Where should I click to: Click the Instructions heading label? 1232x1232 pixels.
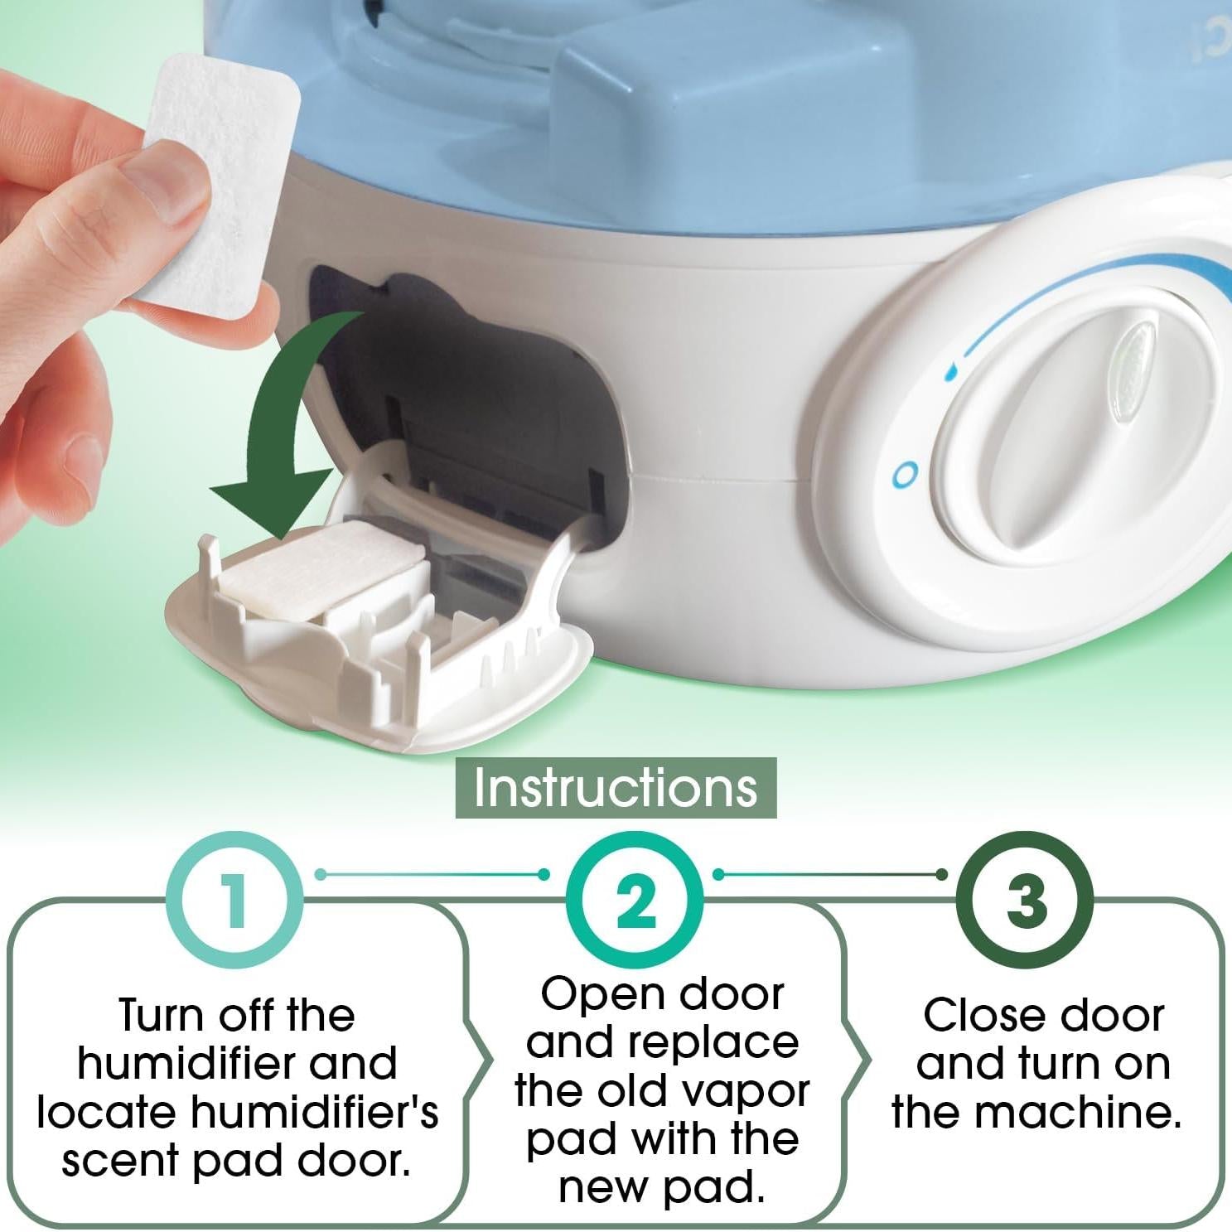tap(616, 787)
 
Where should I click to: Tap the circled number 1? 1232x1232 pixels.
tap(235, 901)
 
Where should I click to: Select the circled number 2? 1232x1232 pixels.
tap(635, 901)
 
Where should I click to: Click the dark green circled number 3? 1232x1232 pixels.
tap(1025, 901)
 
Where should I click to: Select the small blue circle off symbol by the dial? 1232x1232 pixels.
tap(906, 475)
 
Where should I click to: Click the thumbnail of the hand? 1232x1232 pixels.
tap(166, 186)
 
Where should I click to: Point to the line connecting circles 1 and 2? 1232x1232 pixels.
tap(431, 874)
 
